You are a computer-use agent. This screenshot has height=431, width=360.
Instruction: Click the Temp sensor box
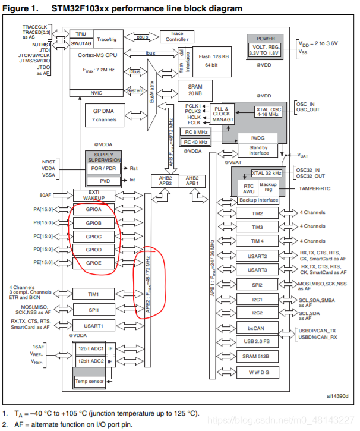coord(90,381)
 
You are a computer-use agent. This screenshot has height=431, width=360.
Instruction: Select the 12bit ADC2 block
coord(89,361)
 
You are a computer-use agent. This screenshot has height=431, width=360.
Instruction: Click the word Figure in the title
coord(17,8)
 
